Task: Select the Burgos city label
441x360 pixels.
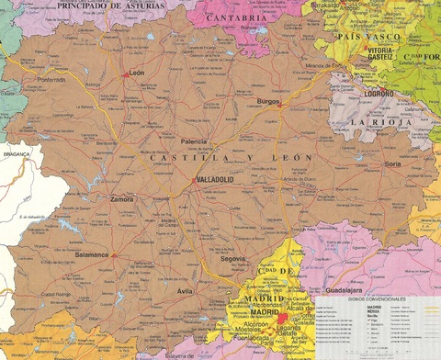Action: click(x=268, y=101)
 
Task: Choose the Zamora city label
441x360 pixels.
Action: click(x=121, y=198)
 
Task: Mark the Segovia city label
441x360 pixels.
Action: click(x=233, y=259)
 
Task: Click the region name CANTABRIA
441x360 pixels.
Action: click(x=236, y=17)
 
